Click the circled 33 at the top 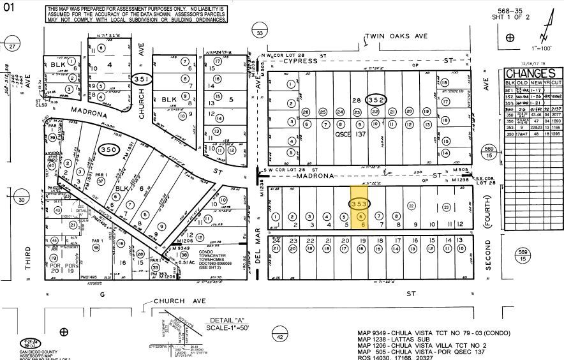pos(259,33)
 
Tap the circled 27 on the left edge pos(11,47)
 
